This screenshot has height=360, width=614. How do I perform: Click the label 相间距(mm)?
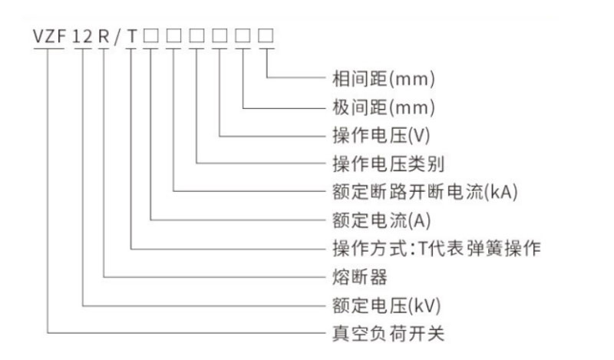point(383,79)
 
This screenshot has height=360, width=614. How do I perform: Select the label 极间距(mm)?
point(383,107)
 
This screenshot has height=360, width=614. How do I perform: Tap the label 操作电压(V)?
point(381,136)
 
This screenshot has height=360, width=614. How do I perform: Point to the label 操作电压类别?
point(388,163)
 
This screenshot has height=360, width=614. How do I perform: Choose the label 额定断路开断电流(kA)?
point(425,192)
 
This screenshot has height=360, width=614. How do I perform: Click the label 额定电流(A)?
point(381,220)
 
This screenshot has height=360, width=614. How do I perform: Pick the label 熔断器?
point(360,277)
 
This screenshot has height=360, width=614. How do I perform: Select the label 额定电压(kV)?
point(387,306)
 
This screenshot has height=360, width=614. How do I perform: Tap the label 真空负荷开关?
point(388,334)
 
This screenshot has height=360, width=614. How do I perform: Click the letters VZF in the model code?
point(49,36)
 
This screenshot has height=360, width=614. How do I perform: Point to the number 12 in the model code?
point(83,37)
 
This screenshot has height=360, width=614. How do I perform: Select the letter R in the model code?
point(104,36)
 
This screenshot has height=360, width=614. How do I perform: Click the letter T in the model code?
point(132,37)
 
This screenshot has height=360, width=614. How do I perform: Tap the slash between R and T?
point(117,37)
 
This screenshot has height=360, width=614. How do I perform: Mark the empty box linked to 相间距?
point(266,35)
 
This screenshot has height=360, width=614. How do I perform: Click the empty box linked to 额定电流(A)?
point(150,35)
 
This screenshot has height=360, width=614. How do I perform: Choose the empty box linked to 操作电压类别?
point(196,35)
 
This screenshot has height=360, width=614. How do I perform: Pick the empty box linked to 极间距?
point(243,35)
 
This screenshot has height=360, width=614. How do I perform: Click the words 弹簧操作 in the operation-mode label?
point(504,249)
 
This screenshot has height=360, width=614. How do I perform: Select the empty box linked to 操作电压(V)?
point(220,35)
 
